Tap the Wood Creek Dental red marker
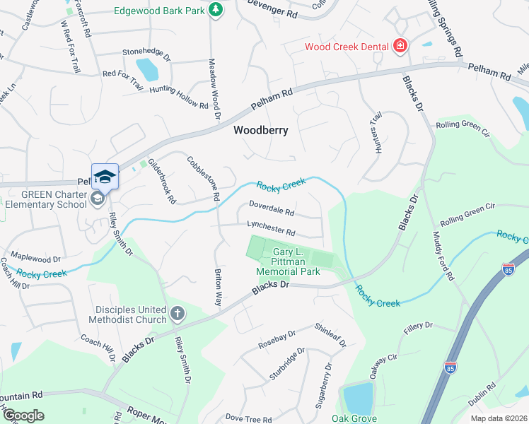(x=400, y=47)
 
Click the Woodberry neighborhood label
(x=261, y=130)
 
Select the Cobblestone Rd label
(x=204, y=177)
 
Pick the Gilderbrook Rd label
(x=161, y=181)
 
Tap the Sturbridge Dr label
(x=286, y=364)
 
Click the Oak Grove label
(x=354, y=418)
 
